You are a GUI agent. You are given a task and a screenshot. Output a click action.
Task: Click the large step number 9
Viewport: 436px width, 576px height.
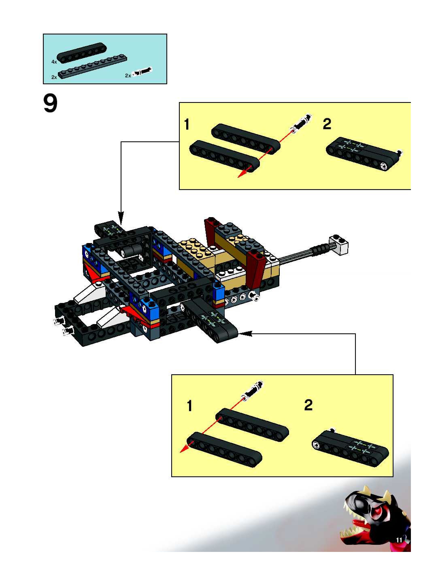[x=50, y=104]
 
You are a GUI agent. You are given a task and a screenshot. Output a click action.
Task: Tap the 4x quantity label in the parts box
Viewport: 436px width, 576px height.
[x=54, y=62]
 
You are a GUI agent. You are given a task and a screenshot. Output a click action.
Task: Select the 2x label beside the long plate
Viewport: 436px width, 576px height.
[x=54, y=77]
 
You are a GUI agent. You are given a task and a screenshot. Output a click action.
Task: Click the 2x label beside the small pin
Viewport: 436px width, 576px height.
[x=128, y=76]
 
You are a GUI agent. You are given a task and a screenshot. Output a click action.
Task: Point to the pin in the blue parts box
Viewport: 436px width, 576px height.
[x=142, y=71]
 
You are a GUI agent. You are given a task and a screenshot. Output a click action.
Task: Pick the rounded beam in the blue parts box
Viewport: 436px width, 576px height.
[x=82, y=53]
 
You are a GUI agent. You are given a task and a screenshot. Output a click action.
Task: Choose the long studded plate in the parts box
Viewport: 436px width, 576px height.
[x=93, y=66]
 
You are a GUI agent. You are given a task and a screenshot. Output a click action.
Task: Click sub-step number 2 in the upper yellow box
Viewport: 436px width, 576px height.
[x=327, y=124]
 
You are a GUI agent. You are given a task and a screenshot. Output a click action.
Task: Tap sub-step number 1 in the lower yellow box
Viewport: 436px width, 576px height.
[x=189, y=406]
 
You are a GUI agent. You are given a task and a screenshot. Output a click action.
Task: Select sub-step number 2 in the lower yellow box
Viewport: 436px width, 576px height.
[x=308, y=405]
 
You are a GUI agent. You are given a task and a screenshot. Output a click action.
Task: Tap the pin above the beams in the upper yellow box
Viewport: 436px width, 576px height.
[x=301, y=122]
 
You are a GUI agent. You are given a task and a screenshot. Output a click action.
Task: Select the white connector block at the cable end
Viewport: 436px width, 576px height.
[x=338, y=244]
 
